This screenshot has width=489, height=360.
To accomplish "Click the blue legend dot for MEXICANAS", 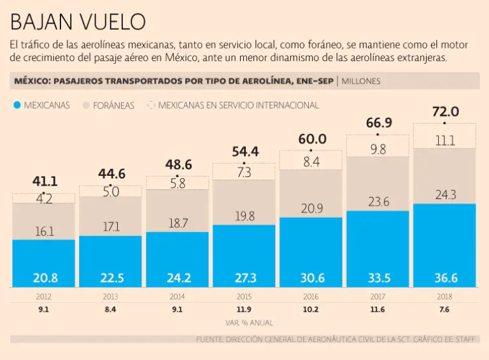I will click(18, 105).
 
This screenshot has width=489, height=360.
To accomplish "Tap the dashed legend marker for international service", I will click(151, 104).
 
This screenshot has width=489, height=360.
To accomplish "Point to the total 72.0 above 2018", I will click(445, 112).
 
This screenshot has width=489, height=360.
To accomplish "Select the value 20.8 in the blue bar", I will click(44, 277).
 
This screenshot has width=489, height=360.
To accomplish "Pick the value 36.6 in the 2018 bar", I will click(445, 277).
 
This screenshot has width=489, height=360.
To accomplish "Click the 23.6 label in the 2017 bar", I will click(378, 202).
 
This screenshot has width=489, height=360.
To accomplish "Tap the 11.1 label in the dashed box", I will click(445, 141).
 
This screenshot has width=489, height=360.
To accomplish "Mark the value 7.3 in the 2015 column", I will click(244, 172).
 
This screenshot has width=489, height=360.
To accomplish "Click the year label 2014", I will click(178, 297).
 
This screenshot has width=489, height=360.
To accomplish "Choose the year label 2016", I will click(311, 297).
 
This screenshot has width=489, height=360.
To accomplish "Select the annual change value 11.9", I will click(244, 310).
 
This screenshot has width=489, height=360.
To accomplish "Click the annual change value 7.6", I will click(445, 310).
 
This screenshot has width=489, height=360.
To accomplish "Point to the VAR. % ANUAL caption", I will click(244, 323).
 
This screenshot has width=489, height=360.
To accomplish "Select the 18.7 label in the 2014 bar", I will click(178, 222).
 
